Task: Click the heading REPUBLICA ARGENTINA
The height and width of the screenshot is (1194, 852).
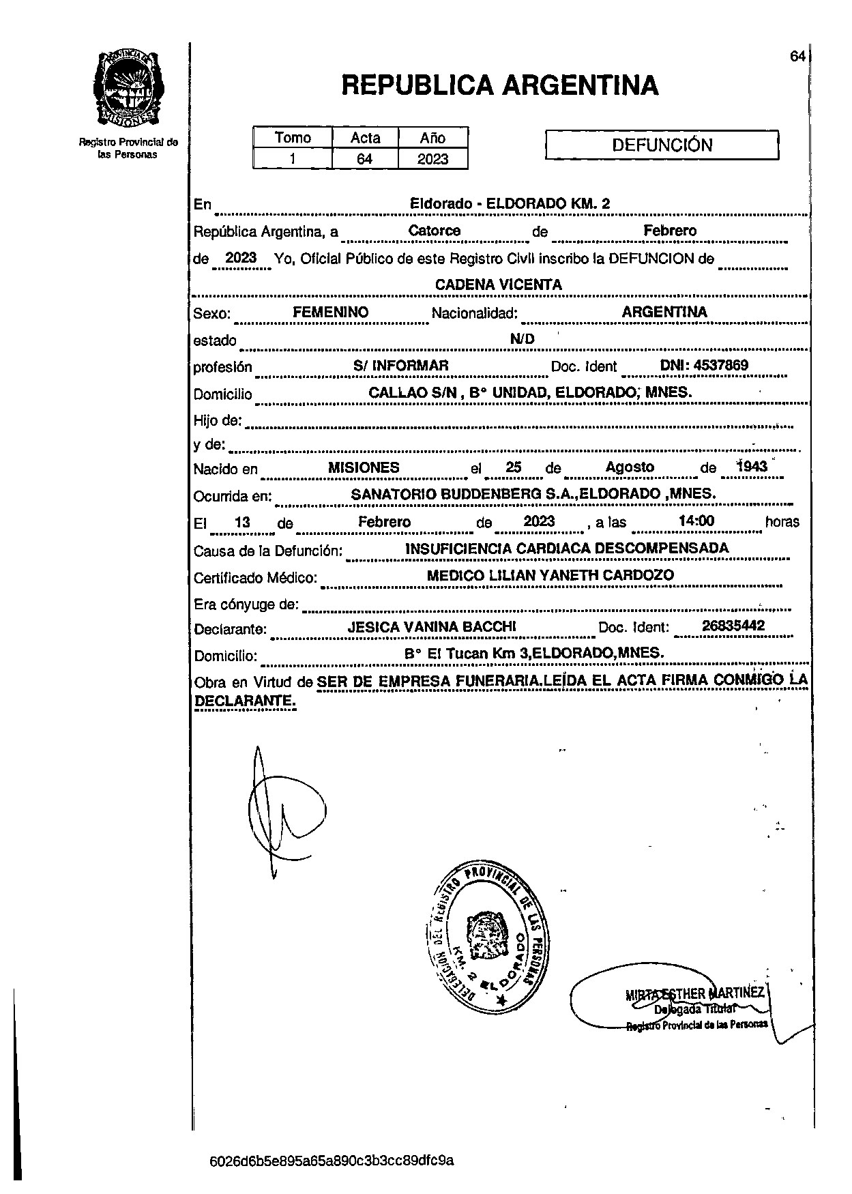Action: click(499, 85)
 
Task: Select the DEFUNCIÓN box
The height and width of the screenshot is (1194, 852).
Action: click(662, 145)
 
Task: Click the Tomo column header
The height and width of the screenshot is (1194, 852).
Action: click(293, 138)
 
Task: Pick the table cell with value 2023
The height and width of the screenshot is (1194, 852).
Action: click(433, 159)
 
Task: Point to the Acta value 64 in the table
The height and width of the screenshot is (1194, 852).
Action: click(365, 159)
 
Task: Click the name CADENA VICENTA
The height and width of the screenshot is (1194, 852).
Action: click(499, 285)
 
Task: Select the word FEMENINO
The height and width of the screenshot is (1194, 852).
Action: click(330, 312)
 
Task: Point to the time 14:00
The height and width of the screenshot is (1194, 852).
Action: click(696, 521)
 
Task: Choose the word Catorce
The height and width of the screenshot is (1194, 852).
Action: click(435, 231)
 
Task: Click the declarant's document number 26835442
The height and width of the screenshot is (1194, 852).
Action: click(733, 626)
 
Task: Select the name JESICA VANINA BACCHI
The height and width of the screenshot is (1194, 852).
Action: click(432, 627)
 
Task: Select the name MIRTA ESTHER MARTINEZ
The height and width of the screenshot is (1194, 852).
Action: click(695, 993)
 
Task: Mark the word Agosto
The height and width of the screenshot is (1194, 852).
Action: click(630, 467)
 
